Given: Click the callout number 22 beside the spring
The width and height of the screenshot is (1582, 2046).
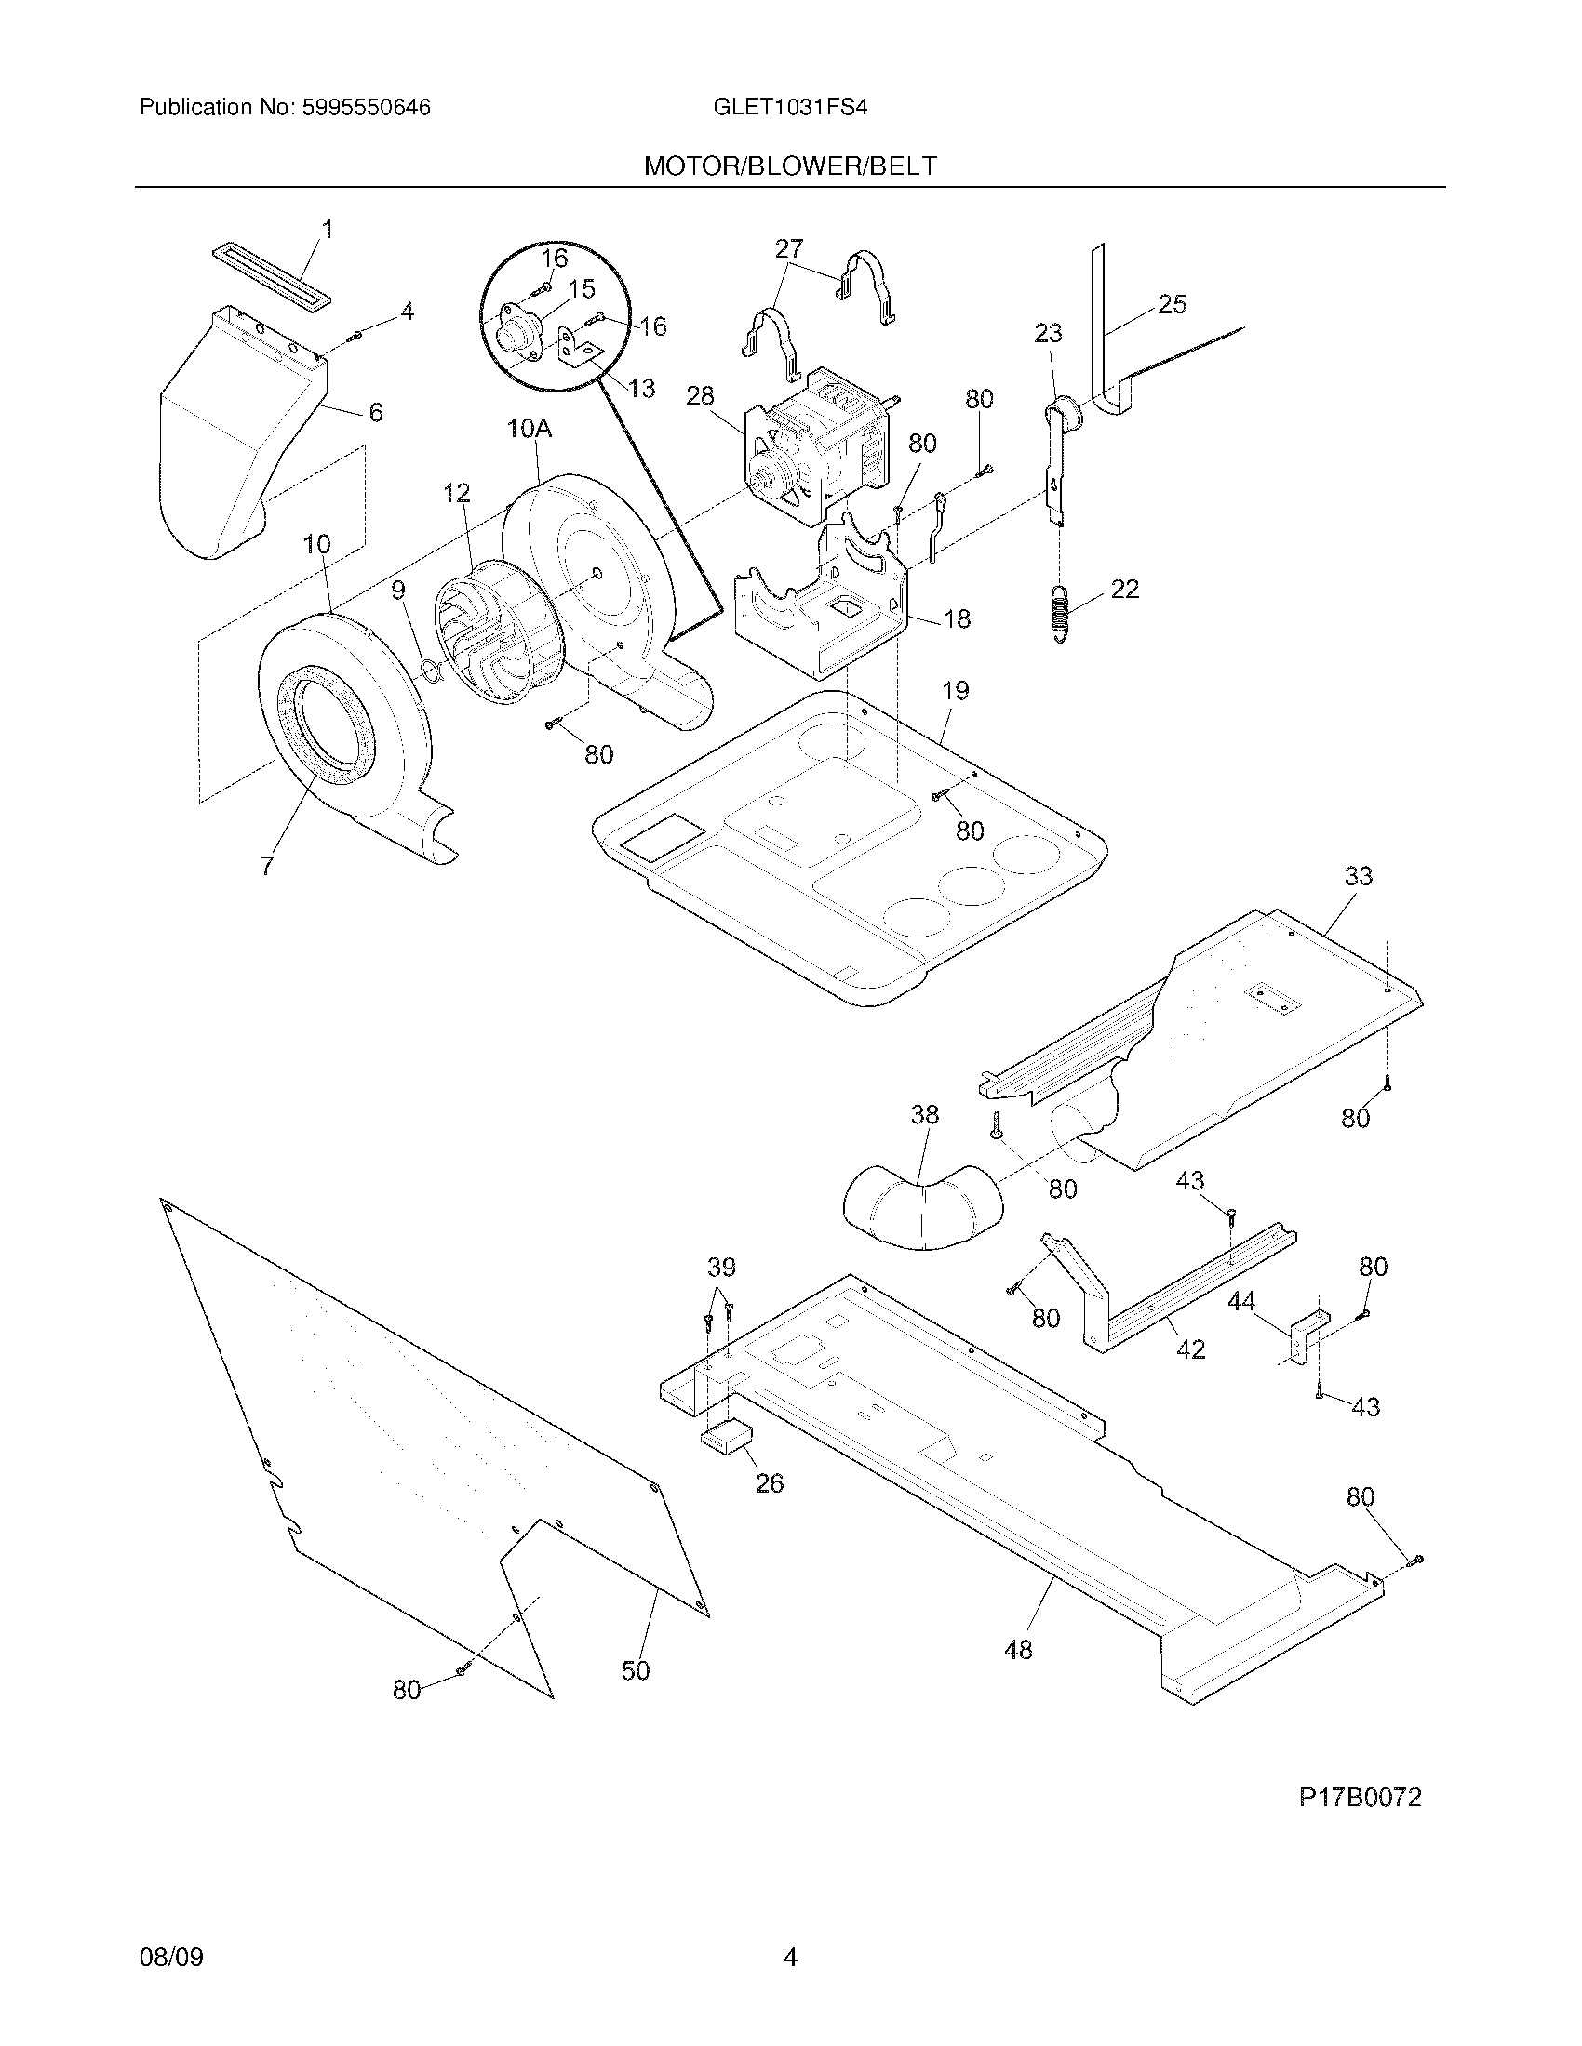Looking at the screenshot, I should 1125,589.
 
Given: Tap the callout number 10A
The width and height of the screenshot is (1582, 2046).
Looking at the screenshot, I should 530,430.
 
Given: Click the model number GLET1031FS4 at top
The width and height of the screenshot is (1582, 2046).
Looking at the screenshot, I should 790,108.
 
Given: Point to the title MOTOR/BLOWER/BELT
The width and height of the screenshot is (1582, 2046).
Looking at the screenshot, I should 790,166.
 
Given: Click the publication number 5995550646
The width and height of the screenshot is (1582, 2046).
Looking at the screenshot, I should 366,108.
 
